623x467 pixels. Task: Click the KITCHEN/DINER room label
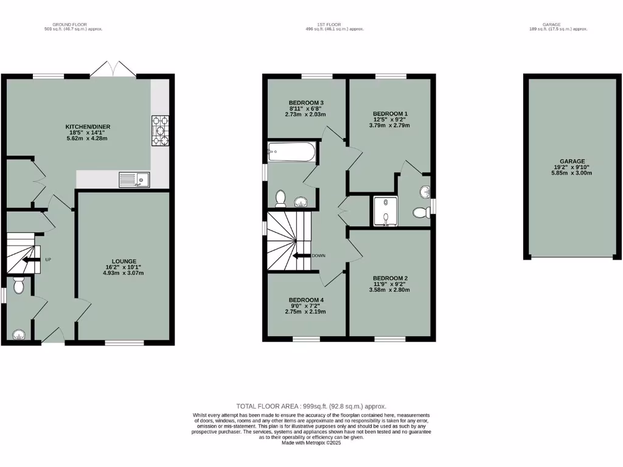pyautogui.click(x=88, y=126)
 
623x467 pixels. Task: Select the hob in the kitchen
pyautogui.click(x=160, y=131)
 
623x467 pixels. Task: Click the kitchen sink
pyautogui.click(x=134, y=179)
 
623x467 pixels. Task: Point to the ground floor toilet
pyautogui.click(x=18, y=284)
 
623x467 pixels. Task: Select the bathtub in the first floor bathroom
pyautogui.click(x=291, y=151)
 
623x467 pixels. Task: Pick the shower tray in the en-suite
pyautogui.click(x=385, y=210)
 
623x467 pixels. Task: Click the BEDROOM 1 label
pyautogui.click(x=390, y=114)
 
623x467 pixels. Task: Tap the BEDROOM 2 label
pyautogui.click(x=390, y=278)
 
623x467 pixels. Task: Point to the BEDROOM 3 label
pyautogui.click(x=306, y=102)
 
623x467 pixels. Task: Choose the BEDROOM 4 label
pyautogui.click(x=306, y=300)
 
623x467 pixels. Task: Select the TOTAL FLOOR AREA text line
pyautogui.click(x=311, y=406)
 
